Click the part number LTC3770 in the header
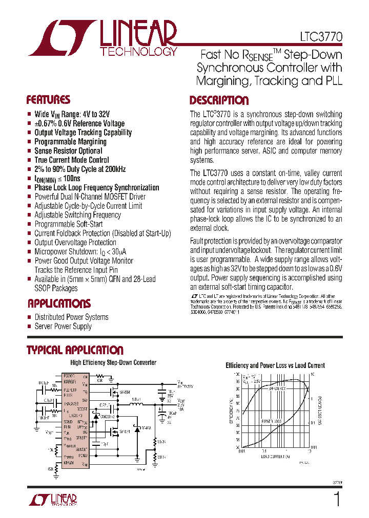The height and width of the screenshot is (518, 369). click(321, 37)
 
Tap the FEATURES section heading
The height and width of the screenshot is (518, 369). click(48, 100)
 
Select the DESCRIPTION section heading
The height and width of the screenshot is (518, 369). click(219, 100)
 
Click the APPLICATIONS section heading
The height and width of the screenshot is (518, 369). click(59, 304)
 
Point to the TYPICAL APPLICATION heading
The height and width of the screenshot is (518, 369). click(75, 351)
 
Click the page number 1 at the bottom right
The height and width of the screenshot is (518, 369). click(336, 499)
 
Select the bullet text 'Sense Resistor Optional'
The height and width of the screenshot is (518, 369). click(68, 151)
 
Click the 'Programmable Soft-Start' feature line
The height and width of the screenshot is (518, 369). click(68, 224)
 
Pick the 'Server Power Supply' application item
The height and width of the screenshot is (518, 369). click(63, 327)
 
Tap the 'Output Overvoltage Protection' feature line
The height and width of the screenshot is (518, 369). click(75, 242)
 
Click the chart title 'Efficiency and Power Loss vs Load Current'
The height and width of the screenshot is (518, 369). click(275, 365)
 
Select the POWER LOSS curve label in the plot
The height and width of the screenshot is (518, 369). click(272, 421)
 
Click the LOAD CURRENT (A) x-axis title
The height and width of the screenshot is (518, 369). click(275, 456)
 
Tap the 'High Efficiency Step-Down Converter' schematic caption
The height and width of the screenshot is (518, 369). click(113, 363)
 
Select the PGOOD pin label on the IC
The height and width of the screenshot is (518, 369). click(70, 376)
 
